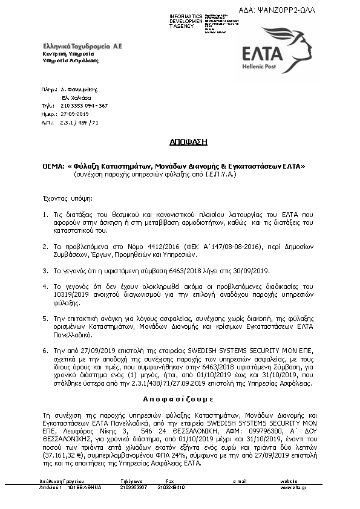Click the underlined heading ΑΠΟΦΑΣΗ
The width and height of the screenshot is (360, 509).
[188, 142]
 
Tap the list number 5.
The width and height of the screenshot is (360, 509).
[45, 317]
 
